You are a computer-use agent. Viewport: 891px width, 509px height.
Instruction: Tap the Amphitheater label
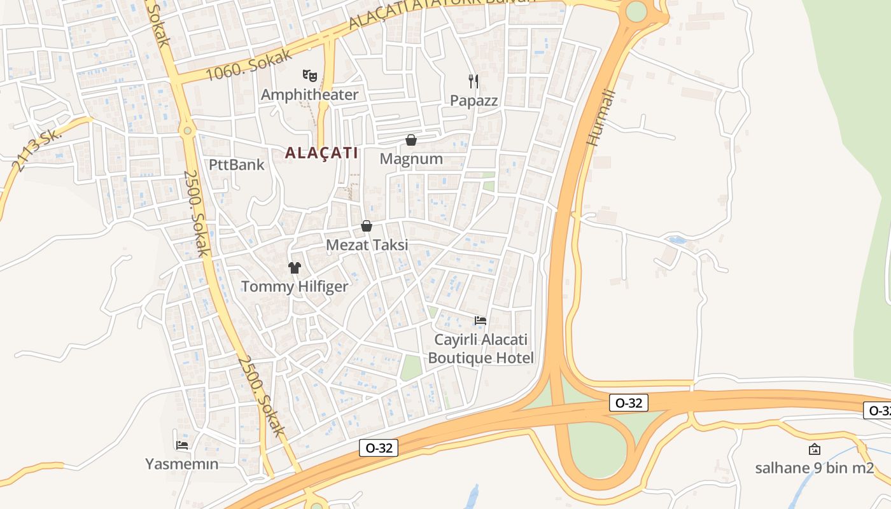point(310,95)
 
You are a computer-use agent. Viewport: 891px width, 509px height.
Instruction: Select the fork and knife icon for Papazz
point(473,81)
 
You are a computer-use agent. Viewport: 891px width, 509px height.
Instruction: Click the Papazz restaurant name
point(474,101)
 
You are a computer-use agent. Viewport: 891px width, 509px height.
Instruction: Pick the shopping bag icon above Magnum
point(411,140)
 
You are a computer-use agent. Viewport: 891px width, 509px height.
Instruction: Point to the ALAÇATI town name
point(321,153)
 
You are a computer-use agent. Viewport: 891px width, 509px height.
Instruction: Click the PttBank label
point(237,165)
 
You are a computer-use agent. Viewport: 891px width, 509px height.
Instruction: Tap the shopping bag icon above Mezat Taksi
point(367,226)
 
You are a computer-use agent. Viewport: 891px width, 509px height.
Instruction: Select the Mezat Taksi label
point(367,245)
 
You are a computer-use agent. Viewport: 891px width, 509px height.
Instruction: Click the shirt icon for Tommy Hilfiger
point(294,268)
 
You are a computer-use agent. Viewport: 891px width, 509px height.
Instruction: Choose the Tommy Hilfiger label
point(295,286)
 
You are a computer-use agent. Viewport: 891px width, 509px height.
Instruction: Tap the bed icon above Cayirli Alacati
point(481,321)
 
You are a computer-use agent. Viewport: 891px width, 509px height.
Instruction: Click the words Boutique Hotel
point(481,358)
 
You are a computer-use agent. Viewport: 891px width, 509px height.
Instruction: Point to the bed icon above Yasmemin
point(182,445)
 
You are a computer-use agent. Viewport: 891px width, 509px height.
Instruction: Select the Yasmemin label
point(182,464)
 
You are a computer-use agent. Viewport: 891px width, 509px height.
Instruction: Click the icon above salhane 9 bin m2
point(814,449)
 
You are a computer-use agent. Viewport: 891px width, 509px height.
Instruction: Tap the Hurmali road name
point(601,118)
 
